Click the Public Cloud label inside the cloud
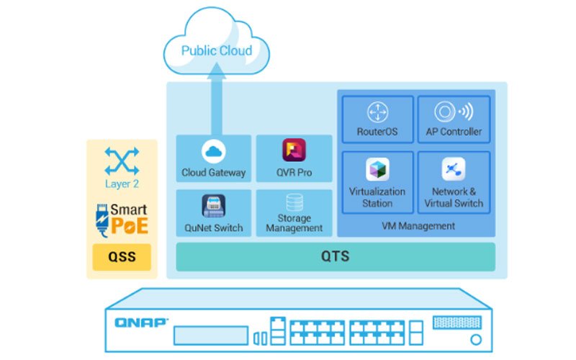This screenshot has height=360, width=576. click(x=217, y=51)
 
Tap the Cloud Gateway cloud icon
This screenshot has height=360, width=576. click(x=214, y=152)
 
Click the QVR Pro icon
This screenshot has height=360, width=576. click(x=294, y=151)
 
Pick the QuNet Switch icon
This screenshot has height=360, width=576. click(x=214, y=207)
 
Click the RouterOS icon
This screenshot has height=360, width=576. click(x=377, y=112)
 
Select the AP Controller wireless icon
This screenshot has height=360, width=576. click(x=454, y=112)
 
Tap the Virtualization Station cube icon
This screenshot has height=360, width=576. click(x=377, y=169)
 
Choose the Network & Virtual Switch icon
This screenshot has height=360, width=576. click(x=454, y=169)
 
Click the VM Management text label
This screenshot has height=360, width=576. click(x=418, y=226)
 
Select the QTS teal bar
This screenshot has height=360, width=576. click(x=336, y=257)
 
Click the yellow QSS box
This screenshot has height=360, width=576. click(x=122, y=257)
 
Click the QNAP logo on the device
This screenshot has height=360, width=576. click(x=141, y=323)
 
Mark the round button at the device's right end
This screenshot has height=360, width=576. click(x=475, y=339)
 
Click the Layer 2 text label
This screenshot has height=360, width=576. click(x=122, y=184)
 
